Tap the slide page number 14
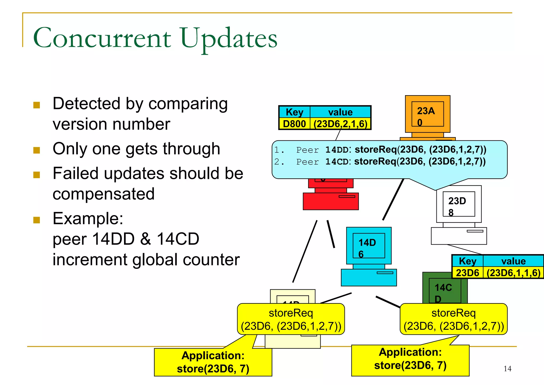pyautogui.click(x=507, y=369)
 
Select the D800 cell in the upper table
pyautogui.click(x=294, y=124)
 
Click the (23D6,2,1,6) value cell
pyautogui.click(x=340, y=124)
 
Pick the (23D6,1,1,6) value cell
pyautogui.click(x=513, y=273)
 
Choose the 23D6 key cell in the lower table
pyautogui.click(x=467, y=273)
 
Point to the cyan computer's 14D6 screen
pyautogui.click(x=369, y=245)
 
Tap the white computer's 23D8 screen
pyautogui.click(x=459, y=204)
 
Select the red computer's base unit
pyautogui.click(x=330, y=201)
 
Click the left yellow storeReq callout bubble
pyautogui.click(x=291, y=319)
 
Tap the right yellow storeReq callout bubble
pyautogui.click(x=453, y=319)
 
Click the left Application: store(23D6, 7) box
pyautogui.click(x=213, y=362)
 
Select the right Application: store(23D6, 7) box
pyautogui.click(x=410, y=359)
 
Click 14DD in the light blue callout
pyautogui.click(x=337, y=150)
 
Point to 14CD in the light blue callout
pyautogui.click(x=337, y=162)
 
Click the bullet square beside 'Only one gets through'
pyautogui.click(x=37, y=150)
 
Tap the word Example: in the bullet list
pyautogui.click(x=88, y=219)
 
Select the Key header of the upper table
pyautogui.click(x=294, y=112)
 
